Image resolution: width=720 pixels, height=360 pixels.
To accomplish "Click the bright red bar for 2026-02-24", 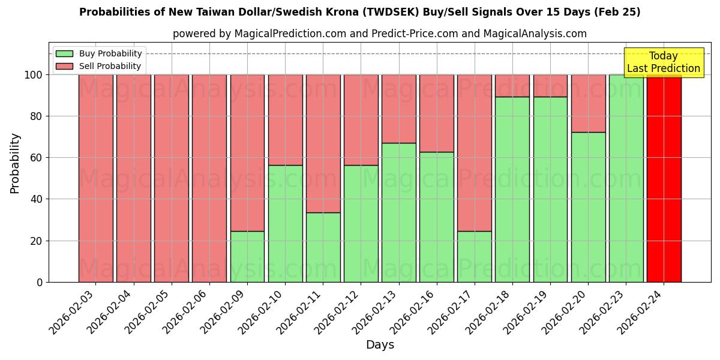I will click(664, 178).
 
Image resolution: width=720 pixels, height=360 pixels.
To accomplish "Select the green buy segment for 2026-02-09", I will click(247, 256).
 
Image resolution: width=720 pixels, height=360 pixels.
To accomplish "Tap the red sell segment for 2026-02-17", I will click(474, 152).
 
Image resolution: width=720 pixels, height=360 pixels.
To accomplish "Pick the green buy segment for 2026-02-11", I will click(323, 247).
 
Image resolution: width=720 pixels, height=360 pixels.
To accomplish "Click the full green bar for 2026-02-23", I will click(626, 178).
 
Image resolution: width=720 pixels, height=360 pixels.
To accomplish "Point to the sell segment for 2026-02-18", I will click(512, 86).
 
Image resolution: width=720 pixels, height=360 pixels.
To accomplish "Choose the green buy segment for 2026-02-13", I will click(398, 212).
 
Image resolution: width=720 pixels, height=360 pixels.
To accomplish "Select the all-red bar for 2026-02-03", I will click(95, 178).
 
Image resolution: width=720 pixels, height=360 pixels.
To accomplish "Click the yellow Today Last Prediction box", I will click(663, 62).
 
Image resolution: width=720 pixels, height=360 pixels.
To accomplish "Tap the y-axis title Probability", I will click(15, 163).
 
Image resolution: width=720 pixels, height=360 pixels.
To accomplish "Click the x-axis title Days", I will click(380, 345).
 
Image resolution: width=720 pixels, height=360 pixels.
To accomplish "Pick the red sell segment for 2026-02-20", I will click(588, 103).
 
